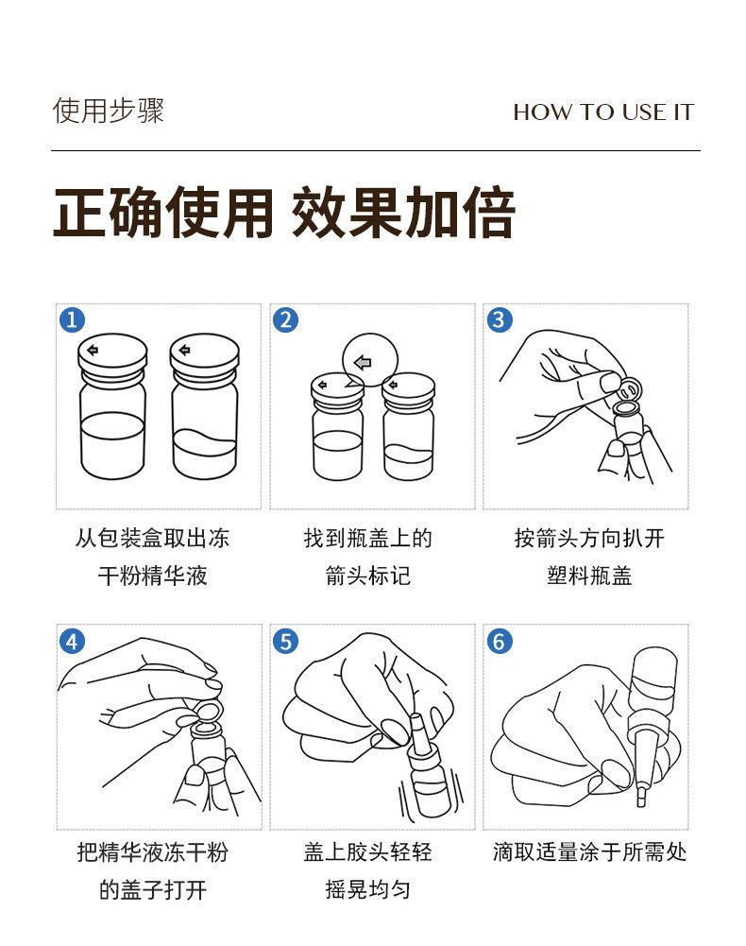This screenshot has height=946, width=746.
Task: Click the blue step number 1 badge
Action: pyautogui.click(x=72, y=319)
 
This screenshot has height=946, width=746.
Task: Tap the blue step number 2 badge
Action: pyautogui.click(x=286, y=319)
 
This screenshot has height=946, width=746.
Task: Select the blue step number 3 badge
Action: pyautogui.click(x=500, y=319)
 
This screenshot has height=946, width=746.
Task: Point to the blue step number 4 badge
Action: pyautogui.click(x=72, y=641)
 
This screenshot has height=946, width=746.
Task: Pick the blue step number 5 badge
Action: pyautogui.click(x=286, y=641)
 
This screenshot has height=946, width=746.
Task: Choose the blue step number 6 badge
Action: pyautogui.click(x=500, y=641)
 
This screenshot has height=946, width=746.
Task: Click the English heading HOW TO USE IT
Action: pyautogui.click(x=603, y=112)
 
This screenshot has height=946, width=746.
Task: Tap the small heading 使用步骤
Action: pyautogui.click(x=109, y=111)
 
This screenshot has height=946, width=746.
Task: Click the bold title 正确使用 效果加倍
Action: pyautogui.click(x=284, y=213)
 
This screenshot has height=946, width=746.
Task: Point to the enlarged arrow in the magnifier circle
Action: pyautogui.click(x=363, y=363)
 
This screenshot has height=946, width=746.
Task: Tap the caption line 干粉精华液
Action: pyautogui.click(x=153, y=576)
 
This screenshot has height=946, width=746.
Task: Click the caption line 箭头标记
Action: pyautogui.click(x=368, y=576)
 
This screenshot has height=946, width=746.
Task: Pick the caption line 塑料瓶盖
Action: pyautogui.click(x=589, y=576)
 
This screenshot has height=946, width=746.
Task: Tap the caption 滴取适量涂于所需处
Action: pyautogui.click(x=589, y=852)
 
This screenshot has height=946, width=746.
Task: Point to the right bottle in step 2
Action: pyautogui.click(x=408, y=426)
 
